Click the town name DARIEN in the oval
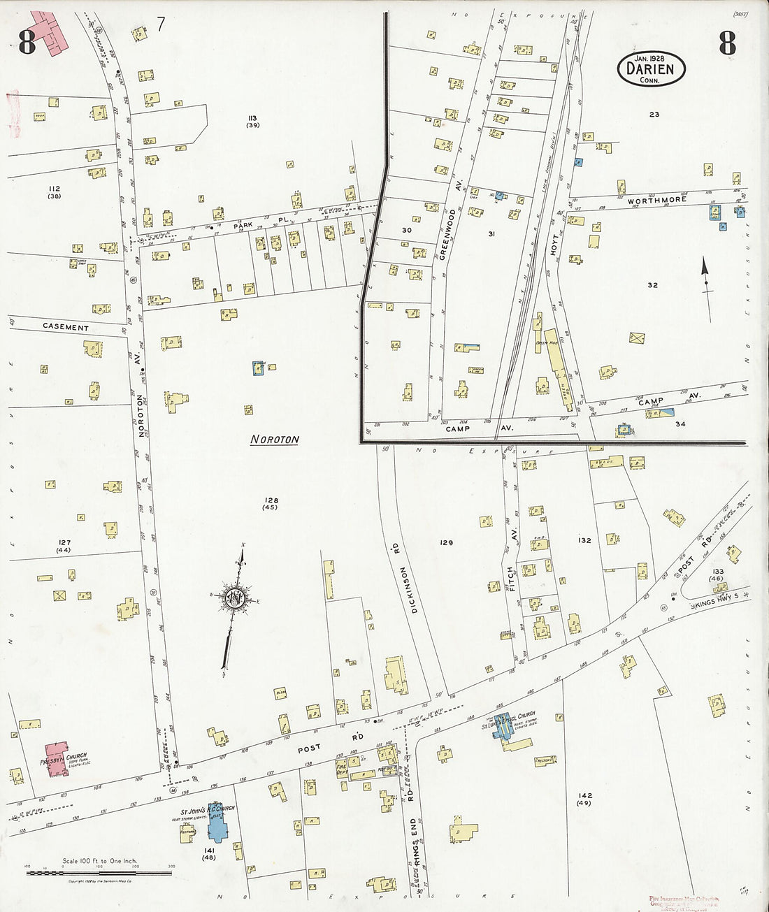650,69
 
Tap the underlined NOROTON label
275,440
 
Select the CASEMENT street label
66,327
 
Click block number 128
271,500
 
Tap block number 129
446,542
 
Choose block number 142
585,795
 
